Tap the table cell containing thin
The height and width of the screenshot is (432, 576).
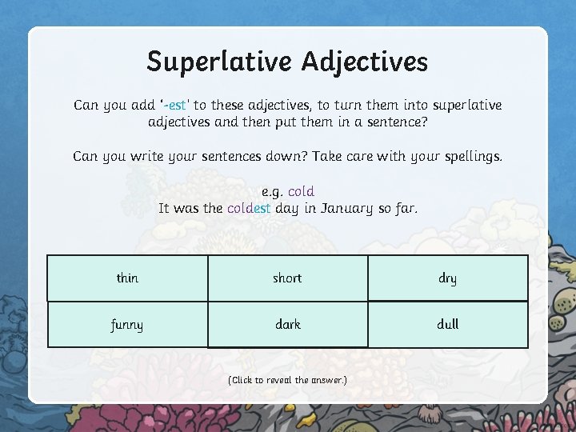coord(128,278)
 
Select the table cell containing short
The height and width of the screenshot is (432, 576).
coord(288,278)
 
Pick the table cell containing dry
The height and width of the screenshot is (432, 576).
coord(448,278)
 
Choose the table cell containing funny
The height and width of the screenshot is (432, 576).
coord(128,325)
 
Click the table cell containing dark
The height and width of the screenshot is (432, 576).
coord(288,325)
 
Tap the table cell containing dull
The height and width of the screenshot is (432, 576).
coord(448,325)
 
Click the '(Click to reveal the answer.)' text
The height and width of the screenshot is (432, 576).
coord(288,380)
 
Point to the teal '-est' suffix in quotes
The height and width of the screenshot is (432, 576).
coord(178,106)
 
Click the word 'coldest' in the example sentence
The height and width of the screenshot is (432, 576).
coord(249,209)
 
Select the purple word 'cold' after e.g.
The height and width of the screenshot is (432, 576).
coord(301,192)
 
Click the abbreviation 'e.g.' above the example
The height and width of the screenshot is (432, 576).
coord(272,192)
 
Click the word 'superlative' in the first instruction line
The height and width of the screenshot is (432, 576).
coord(466,106)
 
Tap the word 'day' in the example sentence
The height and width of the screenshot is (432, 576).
coord(286,209)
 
